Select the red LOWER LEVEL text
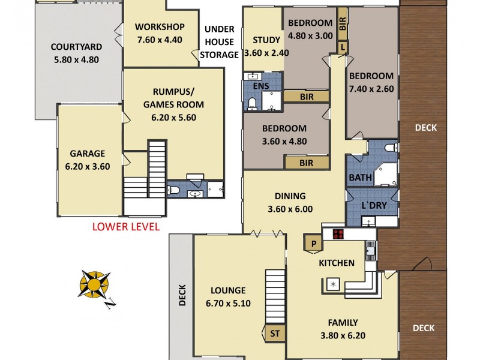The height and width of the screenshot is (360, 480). point(125,226)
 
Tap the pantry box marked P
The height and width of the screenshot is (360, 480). point(313,244)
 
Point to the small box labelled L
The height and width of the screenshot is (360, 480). point(343,47)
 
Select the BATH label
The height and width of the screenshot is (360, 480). point(360,178)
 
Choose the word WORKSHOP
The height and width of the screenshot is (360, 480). point(159,27)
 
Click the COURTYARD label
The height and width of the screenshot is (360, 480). point(76,47)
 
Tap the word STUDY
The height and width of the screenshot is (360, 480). point(266,40)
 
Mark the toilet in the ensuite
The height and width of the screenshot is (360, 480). point(253,104)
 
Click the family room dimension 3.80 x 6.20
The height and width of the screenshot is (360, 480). point(343,335)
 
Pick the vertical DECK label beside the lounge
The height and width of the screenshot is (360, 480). point(183,295)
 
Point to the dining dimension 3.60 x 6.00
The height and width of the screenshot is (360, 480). point(290,209)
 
